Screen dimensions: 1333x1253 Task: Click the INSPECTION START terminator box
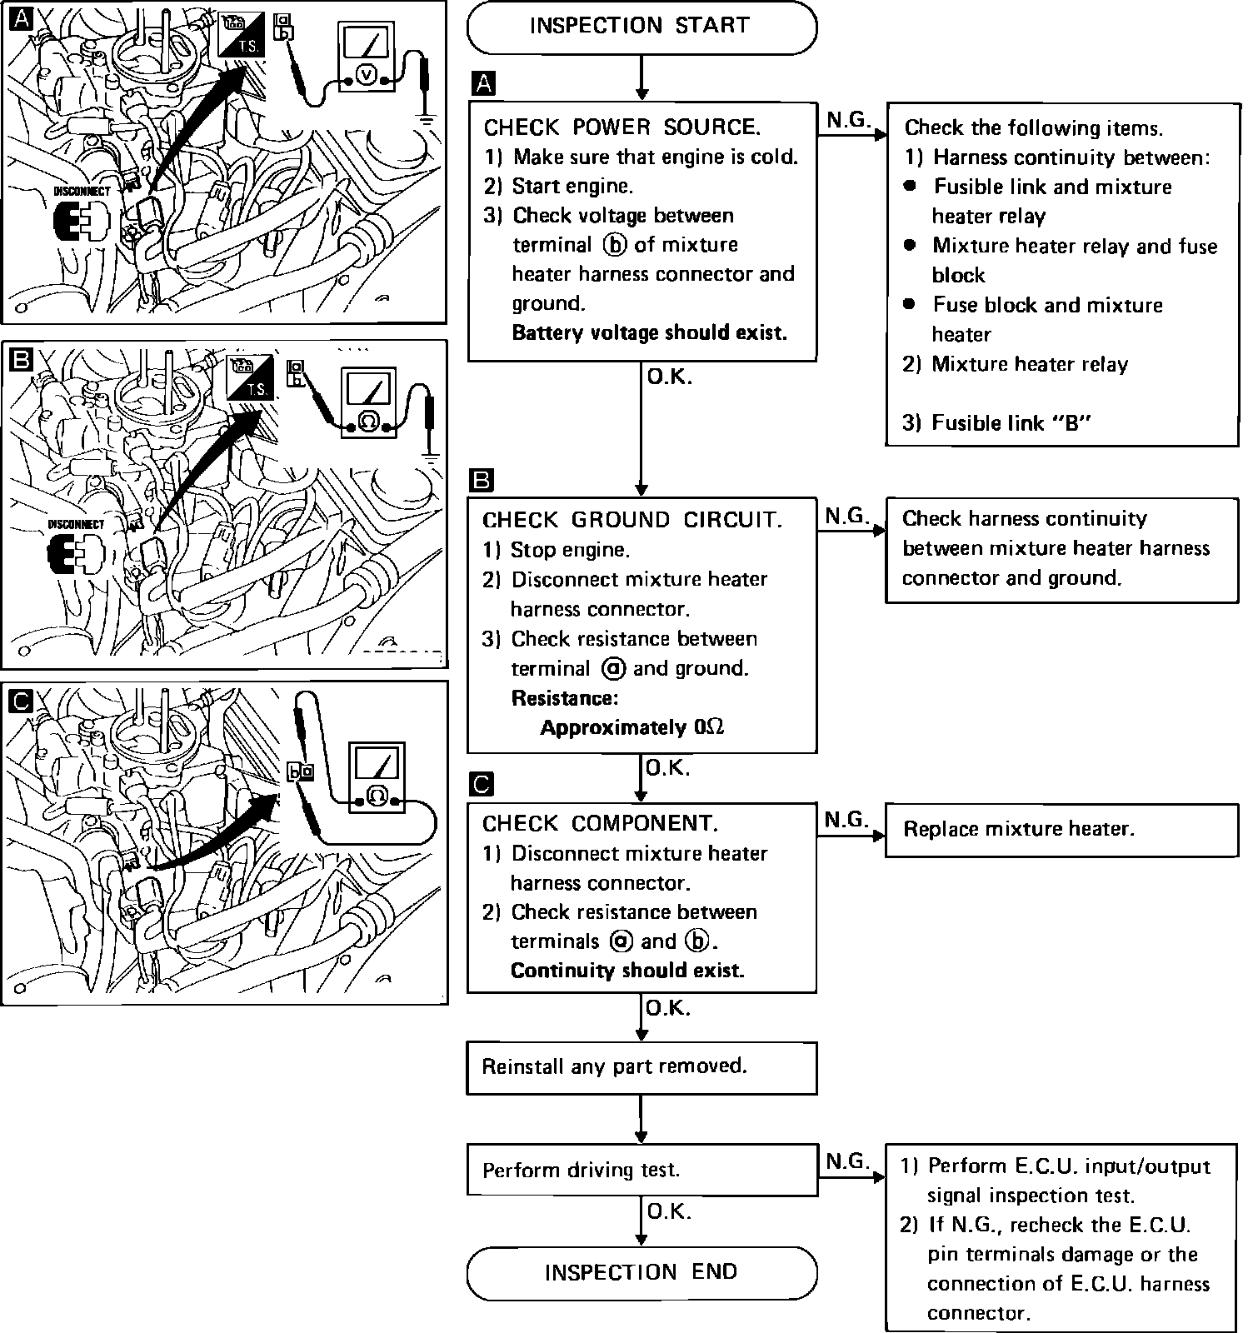point(641,27)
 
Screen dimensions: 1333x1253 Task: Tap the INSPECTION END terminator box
point(641,1272)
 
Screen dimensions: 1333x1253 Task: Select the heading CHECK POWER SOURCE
point(622,127)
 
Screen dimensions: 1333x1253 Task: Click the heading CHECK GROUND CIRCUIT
point(631,521)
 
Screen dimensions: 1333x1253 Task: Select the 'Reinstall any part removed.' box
point(641,1066)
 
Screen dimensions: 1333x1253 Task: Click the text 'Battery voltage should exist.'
point(649,333)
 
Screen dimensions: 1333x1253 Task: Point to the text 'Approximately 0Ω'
point(632,727)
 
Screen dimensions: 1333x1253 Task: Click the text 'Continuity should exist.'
point(626,971)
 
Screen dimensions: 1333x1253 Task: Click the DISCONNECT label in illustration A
point(82,191)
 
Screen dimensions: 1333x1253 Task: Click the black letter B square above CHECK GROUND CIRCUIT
point(482,481)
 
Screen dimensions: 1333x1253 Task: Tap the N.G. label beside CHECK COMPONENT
point(846,820)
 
